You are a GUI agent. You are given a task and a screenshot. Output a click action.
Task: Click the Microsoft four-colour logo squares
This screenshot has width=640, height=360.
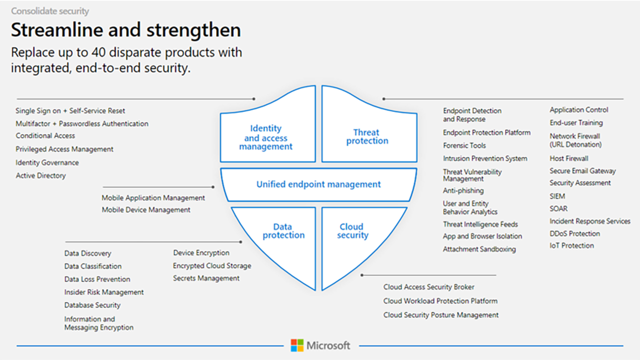point(297,345)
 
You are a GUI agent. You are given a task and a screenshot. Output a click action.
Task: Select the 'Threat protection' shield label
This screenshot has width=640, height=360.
point(367,136)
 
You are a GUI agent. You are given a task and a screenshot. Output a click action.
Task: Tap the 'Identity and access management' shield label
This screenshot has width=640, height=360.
point(265,137)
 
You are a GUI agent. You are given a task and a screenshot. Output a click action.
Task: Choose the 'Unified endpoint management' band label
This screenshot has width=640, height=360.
point(318,184)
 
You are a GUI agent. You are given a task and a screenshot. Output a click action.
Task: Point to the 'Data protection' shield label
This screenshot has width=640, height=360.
point(283,231)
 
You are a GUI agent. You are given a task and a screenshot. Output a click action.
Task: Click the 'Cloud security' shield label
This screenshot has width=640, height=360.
point(352,231)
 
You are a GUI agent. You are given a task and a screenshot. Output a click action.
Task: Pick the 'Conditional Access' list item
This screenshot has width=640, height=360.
point(45,135)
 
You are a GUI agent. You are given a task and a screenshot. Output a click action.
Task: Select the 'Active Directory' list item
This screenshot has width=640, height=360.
point(40,175)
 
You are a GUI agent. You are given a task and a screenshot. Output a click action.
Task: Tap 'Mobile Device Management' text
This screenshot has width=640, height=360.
point(146,210)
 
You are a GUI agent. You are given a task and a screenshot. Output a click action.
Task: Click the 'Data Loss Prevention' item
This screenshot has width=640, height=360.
point(97,279)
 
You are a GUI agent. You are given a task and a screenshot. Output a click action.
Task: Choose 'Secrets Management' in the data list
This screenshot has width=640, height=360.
point(206,278)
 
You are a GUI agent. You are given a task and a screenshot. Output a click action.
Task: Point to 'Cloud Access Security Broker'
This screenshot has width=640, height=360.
point(429,287)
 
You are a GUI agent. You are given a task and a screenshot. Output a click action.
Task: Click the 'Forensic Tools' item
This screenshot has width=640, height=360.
point(464,145)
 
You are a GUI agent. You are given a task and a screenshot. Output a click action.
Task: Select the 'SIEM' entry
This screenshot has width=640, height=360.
point(557,196)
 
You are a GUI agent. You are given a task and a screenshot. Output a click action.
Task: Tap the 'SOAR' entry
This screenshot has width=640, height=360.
point(558,208)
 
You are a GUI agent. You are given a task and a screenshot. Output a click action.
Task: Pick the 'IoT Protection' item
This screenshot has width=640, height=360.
point(571,245)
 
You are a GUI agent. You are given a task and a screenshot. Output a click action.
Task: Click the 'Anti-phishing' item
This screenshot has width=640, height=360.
point(463,190)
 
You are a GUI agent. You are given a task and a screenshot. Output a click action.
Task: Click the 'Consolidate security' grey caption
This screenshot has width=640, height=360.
point(50,11)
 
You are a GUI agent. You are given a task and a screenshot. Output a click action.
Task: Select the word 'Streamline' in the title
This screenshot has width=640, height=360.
point(57,29)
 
